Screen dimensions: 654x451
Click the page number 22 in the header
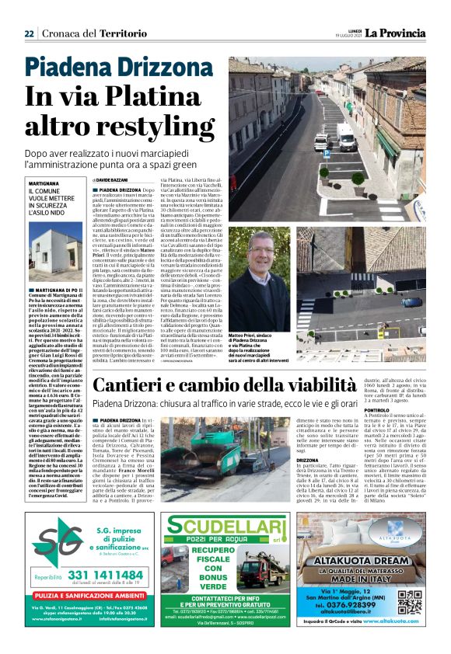(28, 33)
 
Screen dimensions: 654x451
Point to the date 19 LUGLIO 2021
(346, 37)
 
